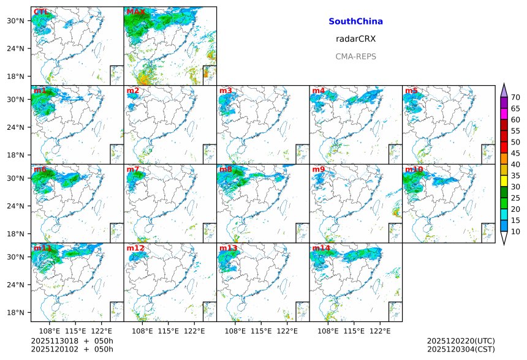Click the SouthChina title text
[355, 21]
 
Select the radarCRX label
[355, 39]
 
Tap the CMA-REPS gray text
[355, 56]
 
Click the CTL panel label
[40, 12]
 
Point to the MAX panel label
[135, 12]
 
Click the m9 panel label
[318, 170]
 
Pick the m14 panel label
[320, 249]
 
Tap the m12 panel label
[135, 249]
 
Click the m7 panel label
[132, 170]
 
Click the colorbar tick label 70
[516, 97]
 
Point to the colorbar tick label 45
[516, 153]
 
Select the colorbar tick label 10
[516, 231]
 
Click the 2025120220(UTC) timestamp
[461, 340]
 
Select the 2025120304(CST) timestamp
[461, 349]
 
